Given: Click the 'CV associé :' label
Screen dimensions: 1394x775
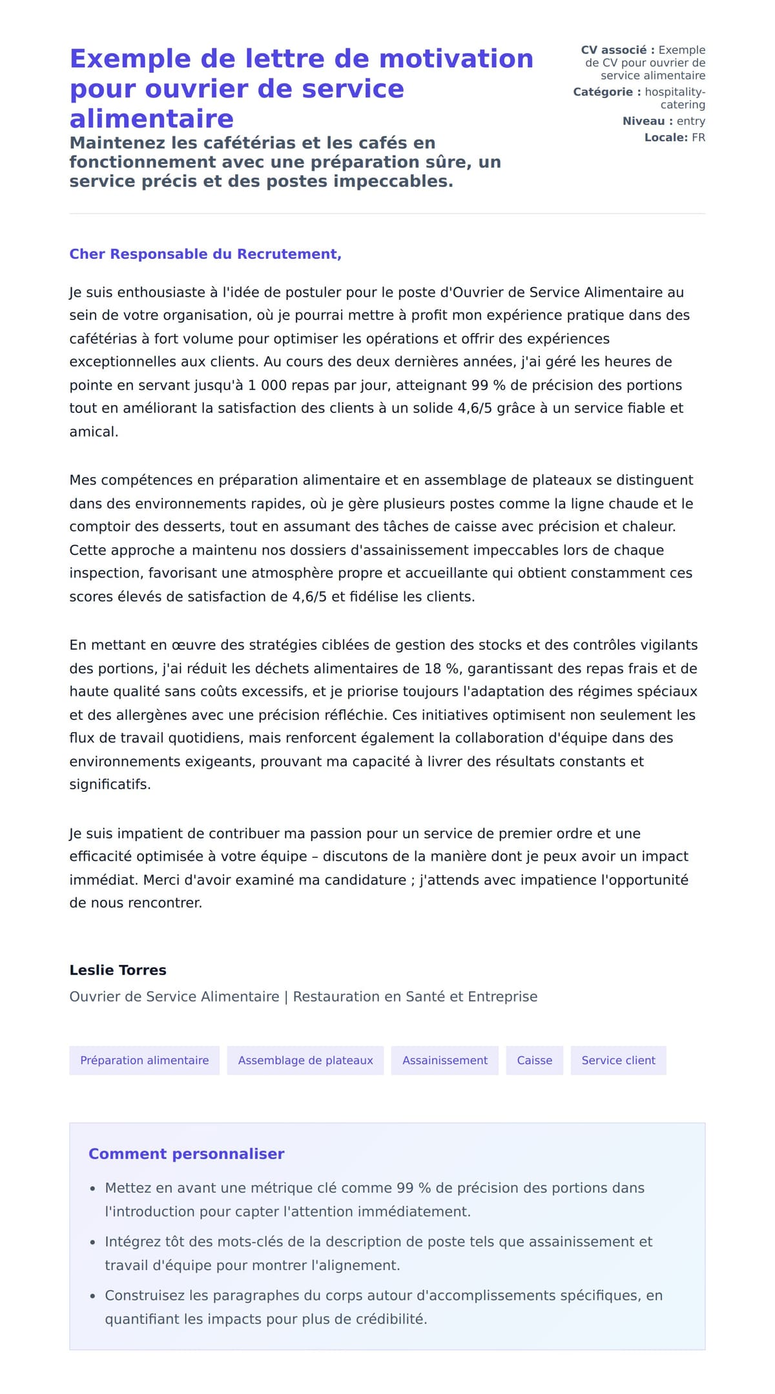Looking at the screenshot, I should (x=617, y=50).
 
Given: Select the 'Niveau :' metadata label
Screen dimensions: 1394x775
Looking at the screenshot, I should (x=647, y=121).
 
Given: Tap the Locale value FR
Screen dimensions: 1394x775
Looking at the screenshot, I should (x=698, y=137).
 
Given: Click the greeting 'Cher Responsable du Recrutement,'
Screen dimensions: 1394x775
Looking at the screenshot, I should (x=205, y=254).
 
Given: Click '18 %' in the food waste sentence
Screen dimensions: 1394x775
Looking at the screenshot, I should (x=442, y=669).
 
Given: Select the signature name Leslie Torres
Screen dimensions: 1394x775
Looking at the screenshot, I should (x=118, y=970).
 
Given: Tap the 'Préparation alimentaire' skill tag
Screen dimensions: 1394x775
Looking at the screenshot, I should (x=145, y=1060).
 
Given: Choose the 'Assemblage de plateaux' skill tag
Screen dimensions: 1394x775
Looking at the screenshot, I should (x=305, y=1060).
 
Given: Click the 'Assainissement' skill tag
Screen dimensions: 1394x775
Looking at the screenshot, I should (x=445, y=1060).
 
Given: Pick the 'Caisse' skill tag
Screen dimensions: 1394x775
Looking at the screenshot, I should (x=534, y=1060).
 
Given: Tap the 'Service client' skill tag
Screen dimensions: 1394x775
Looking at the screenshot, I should (x=618, y=1060).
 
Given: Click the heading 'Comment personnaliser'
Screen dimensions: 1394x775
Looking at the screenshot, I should (x=186, y=1154).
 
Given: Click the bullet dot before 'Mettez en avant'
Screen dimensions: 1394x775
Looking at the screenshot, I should (x=93, y=1189).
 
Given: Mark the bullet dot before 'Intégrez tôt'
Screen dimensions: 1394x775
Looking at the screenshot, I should (x=93, y=1242).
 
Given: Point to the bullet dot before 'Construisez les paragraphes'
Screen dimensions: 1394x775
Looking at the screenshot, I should (x=93, y=1296).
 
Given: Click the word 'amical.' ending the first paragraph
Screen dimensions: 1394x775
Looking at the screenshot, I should (x=94, y=432).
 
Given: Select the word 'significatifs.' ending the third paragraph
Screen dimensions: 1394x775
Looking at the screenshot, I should (x=110, y=785).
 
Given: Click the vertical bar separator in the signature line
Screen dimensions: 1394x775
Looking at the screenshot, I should (x=286, y=996).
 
